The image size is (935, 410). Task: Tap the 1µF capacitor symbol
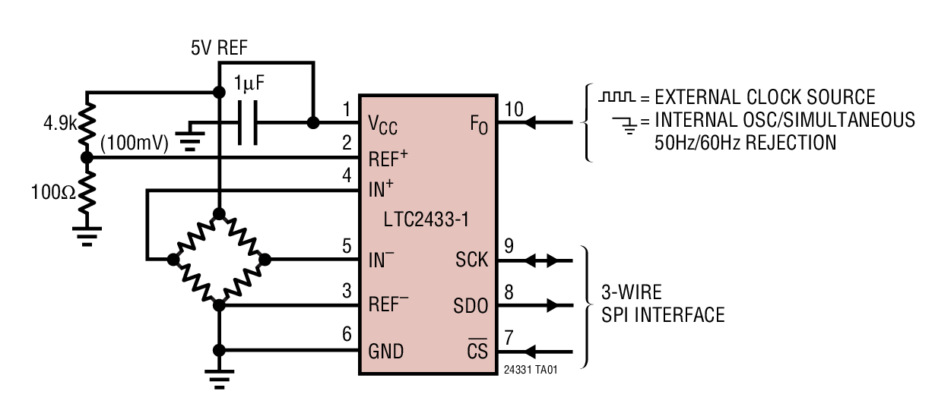tap(248, 122)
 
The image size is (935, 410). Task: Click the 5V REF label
tap(220, 49)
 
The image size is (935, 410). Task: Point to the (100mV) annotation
tap(134, 143)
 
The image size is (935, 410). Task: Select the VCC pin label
tap(383, 123)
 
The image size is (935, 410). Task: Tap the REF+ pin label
tap(388, 158)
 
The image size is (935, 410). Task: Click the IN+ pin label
tap(382, 190)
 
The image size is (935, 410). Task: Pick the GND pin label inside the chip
tap(386, 351)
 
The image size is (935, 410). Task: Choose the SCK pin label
tap(471, 260)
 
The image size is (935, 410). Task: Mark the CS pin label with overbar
tap(477, 351)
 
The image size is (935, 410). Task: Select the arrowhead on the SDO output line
tap(553, 305)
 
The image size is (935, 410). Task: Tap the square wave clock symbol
tap(615, 97)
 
